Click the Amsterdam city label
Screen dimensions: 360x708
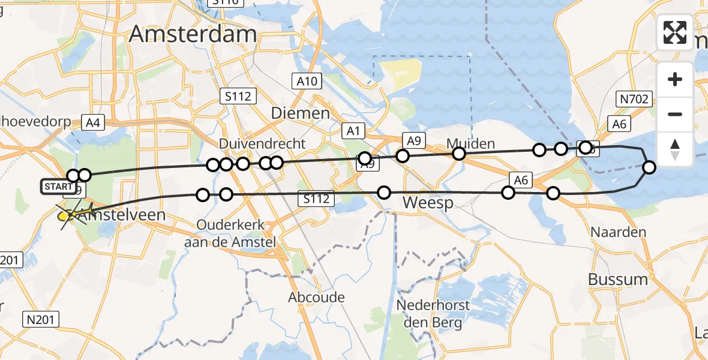(193, 34)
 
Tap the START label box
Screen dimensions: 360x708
(58, 187)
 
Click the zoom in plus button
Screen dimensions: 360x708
(675, 79)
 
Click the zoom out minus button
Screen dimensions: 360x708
(675, 114)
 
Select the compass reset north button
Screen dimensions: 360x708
(675, 149)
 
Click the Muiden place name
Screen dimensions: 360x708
(470, 143)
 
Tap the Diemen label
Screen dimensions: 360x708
(300, 113)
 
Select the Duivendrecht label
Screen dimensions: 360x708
(262, 144)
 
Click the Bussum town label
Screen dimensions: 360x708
(618, 279)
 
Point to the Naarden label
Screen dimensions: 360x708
(618, 232)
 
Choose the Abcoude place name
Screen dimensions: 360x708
(316, 297)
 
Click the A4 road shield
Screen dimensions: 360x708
(92, 123)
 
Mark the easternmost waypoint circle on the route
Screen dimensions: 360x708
(649, 167)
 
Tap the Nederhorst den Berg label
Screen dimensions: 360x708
(433, 314)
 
